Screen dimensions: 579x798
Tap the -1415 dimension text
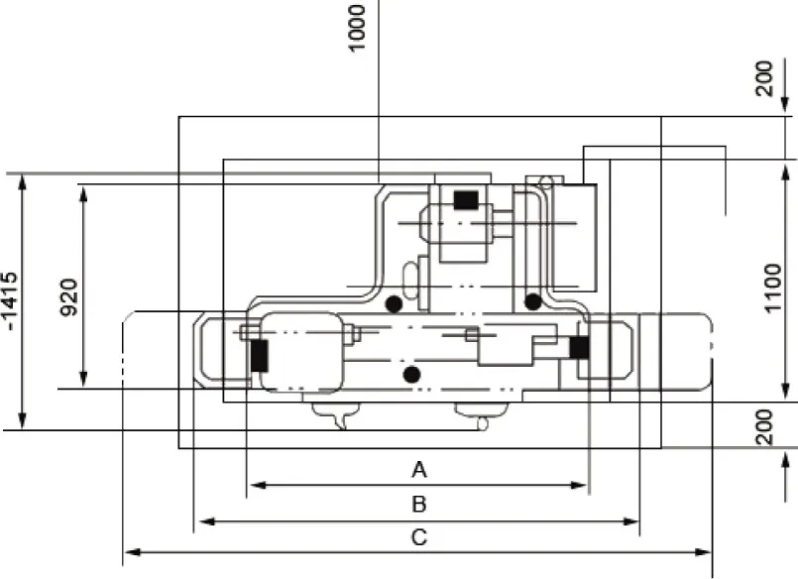[x=11, y=301]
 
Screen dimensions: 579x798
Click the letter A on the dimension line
[x=419, y=467]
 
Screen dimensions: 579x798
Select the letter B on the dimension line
[x=419, y=504]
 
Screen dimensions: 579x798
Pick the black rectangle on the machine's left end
[x=259, y=355]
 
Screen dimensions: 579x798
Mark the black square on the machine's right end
[x=579, y=348]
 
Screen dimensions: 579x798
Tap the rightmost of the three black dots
[x=533, y=300]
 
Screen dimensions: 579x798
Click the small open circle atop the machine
[x=543, y=180]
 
